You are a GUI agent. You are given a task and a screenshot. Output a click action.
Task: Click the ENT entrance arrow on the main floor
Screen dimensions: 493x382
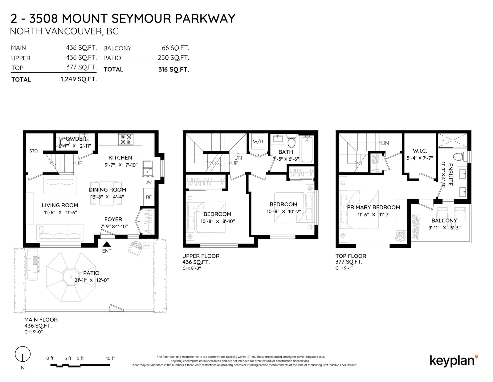pos(107,244)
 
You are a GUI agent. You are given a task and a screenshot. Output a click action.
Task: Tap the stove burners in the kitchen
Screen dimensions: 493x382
pos(126,139)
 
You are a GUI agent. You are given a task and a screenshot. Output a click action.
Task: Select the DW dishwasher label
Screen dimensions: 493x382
pos(149,182)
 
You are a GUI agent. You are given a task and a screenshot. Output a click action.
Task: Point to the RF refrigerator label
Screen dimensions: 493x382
pos(149,197)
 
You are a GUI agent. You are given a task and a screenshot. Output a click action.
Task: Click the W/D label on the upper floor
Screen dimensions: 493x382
pos(258,141)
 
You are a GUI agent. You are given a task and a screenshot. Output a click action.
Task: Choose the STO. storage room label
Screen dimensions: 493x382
pos(34,151)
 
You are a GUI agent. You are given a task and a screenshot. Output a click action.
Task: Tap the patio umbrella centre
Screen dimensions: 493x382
pos(71,276)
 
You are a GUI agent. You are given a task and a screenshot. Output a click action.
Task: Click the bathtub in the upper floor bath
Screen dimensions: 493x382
pos(307,149)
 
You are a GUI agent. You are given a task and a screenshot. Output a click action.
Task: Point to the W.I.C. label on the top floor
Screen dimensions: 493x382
pos(420,151)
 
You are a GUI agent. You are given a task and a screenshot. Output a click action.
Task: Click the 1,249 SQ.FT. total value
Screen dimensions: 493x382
pos(79,79)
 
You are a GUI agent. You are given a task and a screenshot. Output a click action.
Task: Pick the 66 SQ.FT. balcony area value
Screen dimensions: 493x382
pos(175,48)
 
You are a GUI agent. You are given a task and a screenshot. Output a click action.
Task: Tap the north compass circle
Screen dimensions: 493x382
pos(23,354)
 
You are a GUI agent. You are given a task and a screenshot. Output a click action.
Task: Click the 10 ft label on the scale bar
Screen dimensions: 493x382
pos(110,358)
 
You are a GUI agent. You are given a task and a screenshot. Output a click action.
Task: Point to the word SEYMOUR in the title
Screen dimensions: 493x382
pos(141,19)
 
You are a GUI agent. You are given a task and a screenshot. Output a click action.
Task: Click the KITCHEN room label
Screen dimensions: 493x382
pos(120,157)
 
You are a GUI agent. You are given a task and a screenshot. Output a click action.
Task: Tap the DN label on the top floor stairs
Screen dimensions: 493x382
pos(385,143)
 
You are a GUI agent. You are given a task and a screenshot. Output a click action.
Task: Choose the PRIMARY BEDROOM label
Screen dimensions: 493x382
pos(373,208)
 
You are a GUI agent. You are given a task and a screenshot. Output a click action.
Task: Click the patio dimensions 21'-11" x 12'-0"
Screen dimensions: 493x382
pos(92,280)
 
